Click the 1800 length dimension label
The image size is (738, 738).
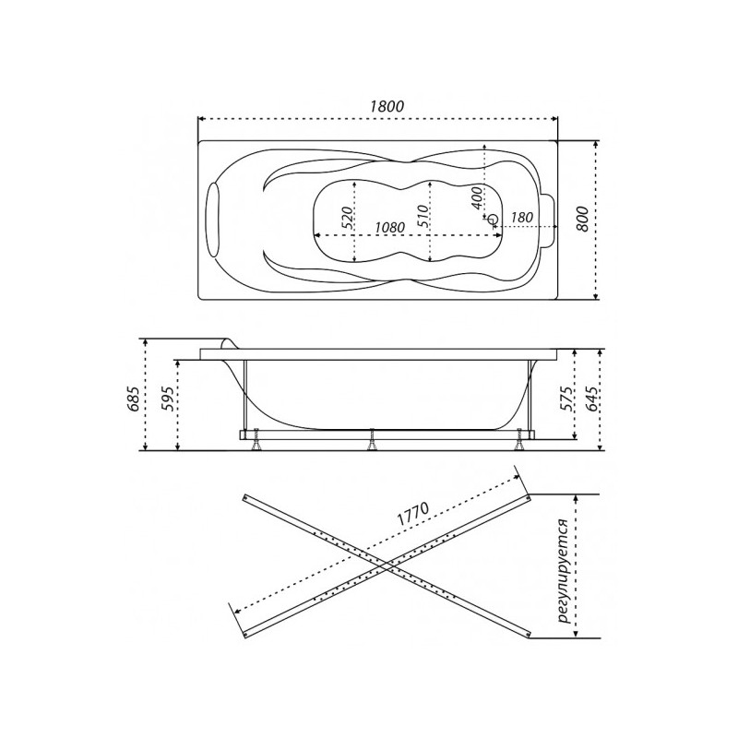coord(387,106)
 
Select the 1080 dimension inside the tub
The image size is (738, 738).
coord(390,227)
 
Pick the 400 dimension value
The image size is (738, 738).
coord(476,196)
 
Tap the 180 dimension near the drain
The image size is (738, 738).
coord(521,218)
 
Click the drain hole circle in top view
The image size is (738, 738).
coord(493,220)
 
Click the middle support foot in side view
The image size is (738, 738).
coord(372,442)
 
